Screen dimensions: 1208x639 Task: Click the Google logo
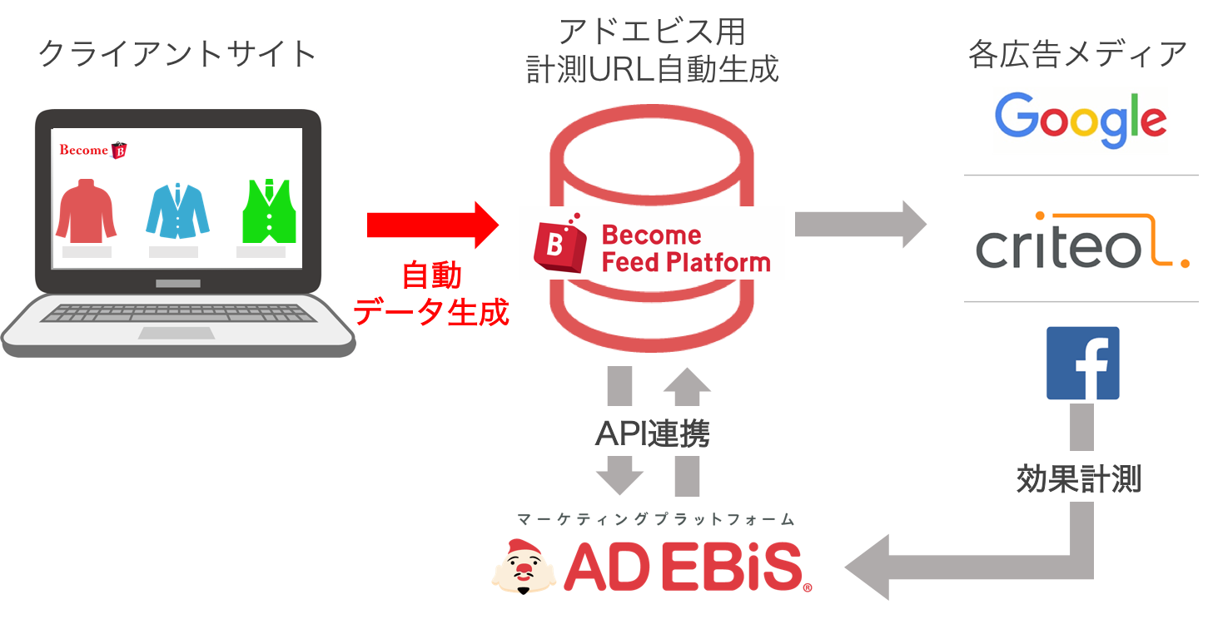coord(1080,120)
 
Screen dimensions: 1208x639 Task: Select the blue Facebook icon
coord(1082,363)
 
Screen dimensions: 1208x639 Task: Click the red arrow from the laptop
coord(433,225)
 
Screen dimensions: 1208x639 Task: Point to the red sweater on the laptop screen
coord(87,211)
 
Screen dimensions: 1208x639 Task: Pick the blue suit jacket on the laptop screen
coord(177,211)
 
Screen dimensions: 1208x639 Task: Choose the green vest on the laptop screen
coord(269,211)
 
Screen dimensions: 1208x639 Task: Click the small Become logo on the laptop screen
coord(92,150)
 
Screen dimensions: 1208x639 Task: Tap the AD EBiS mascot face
coord(523,567)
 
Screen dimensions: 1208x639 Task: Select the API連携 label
coord(652,433)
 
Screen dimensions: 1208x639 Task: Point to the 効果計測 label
coord(1079,478)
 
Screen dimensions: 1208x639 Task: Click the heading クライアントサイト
coord(177,53)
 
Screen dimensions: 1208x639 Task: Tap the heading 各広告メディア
coord(1077,54)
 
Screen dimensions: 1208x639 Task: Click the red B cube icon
coord(560,244)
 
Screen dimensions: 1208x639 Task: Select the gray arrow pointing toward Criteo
coord(861,224)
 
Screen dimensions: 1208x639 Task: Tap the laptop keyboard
coord(178,313)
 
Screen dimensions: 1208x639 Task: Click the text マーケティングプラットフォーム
coord(656,519)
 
